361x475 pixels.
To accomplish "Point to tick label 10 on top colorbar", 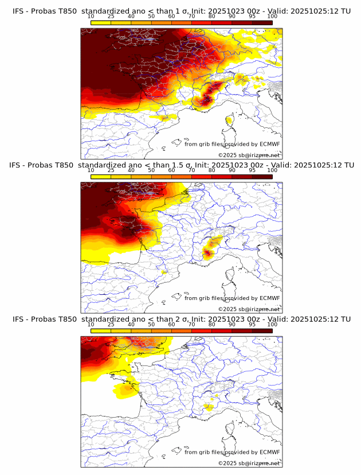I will [91, 17].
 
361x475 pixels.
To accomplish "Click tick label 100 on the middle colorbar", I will [272, 170].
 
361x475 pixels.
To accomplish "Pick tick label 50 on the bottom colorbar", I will [151, 325].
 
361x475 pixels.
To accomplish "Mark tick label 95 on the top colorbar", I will [252, 17].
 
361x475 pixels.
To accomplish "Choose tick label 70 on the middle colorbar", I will [191, 170].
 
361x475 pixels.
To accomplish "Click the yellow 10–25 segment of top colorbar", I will [101, 22].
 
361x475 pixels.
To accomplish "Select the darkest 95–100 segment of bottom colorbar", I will [262, 330].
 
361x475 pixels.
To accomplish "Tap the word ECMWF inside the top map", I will [270, 144].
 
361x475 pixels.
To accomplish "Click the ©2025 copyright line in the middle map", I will [249, 309].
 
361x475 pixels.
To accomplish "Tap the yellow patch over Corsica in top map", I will [229, 120].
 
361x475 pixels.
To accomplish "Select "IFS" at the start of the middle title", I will [15, 165].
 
